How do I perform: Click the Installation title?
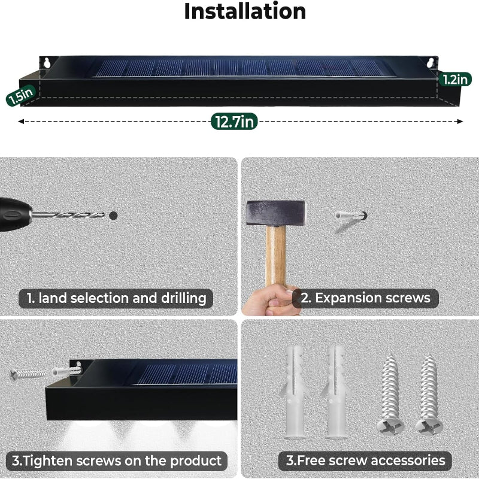(244, 12)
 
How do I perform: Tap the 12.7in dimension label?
(234, 122)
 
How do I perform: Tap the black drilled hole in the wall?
(113, 215)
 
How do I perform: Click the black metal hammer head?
(276, 213)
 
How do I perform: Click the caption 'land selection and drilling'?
(116, 298)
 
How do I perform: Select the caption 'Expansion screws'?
(365, 298)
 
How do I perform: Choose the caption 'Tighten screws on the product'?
(117, 460)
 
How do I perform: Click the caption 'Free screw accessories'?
(365, 460)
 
